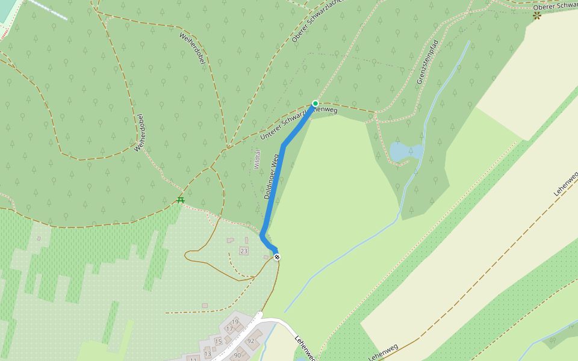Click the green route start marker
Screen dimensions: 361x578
315,103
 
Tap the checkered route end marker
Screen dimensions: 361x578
277,257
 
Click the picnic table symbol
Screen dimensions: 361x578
180,200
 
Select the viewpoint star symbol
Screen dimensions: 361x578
536,16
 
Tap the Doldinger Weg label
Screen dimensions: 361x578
272,176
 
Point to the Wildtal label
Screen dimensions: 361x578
256,159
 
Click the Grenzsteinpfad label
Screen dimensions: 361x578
426,63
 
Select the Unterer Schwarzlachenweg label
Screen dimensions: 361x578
298,122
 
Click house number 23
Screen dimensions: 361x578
244,250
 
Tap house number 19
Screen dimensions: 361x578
235,322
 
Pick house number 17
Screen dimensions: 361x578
229,329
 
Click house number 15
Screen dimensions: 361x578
218,342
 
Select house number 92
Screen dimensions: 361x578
251,341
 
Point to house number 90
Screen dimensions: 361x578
237,356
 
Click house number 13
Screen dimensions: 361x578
207,354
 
